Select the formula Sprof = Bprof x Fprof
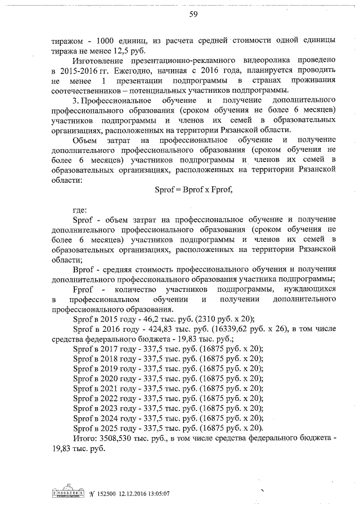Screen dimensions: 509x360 193,190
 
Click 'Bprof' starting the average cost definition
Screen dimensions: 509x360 83,268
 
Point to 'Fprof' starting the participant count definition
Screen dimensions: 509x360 83,288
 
